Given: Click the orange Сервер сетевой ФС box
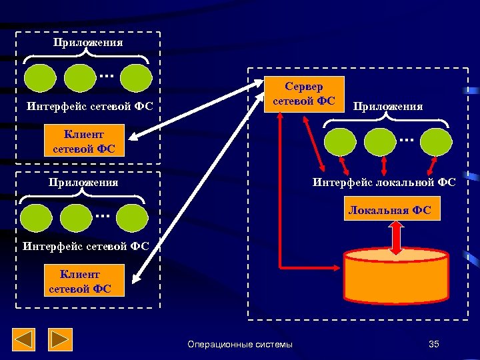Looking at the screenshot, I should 304,94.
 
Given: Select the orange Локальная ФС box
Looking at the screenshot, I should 389,211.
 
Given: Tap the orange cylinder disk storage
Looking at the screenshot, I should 396,282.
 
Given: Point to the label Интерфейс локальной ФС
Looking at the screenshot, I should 385,182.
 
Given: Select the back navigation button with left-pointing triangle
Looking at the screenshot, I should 25,340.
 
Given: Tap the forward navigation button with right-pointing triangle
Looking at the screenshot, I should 61,340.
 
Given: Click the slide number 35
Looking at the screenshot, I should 434,344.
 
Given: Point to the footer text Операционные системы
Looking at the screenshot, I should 240,344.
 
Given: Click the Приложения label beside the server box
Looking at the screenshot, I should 388,106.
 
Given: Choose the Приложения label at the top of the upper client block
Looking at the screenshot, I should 88,43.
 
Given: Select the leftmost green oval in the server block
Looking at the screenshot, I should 340,141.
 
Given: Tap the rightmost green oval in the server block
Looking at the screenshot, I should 436,141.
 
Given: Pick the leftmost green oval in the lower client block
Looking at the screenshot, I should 37,217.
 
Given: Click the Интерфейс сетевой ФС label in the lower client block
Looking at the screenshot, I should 85,246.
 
